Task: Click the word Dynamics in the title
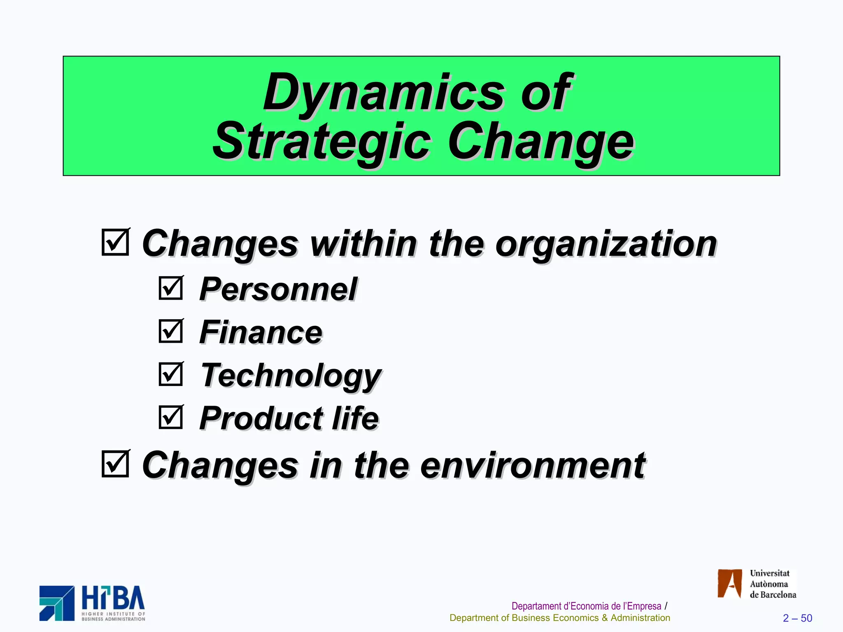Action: pyautogui.click(x=383, y=93)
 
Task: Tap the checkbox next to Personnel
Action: pyautogui.click(x=170, y=288)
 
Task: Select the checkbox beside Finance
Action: pyautogui.click(x=170, y=331)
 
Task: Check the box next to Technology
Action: pyautogui.click(x=170, y=374)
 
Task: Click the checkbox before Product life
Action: pyautogui.click(x=170, y=417)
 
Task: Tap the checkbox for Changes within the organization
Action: pyautogui.click(x=115, y=242)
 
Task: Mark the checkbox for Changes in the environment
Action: pyautogui.click(x=115, y=464)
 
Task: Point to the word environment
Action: pyautogui.click(x=533, y=465)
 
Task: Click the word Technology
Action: pyautogui.click(x=291, y=376)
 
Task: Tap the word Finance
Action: pyautogui.click(x=261, y=332)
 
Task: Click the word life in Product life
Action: pyautogui.click(x=356, y=418)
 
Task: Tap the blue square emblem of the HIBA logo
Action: pyautogui.click(x=57, y=603)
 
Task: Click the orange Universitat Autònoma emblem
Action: pyautogui.click(x=729, y=583)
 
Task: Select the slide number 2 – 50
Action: pyautogui.click(x=797, y=618)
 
